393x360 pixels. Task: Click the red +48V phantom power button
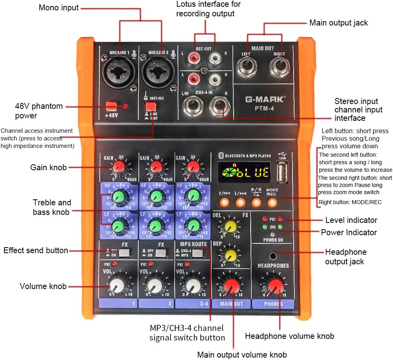[x=111, y=106]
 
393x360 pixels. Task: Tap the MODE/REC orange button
[x=272, y=203]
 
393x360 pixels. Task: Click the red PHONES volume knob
[x=274, y=285]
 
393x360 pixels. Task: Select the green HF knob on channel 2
[x=156, y=196]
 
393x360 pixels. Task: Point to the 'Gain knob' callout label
[x=49, y=167]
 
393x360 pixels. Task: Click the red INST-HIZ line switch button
[x=150, y=106]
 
